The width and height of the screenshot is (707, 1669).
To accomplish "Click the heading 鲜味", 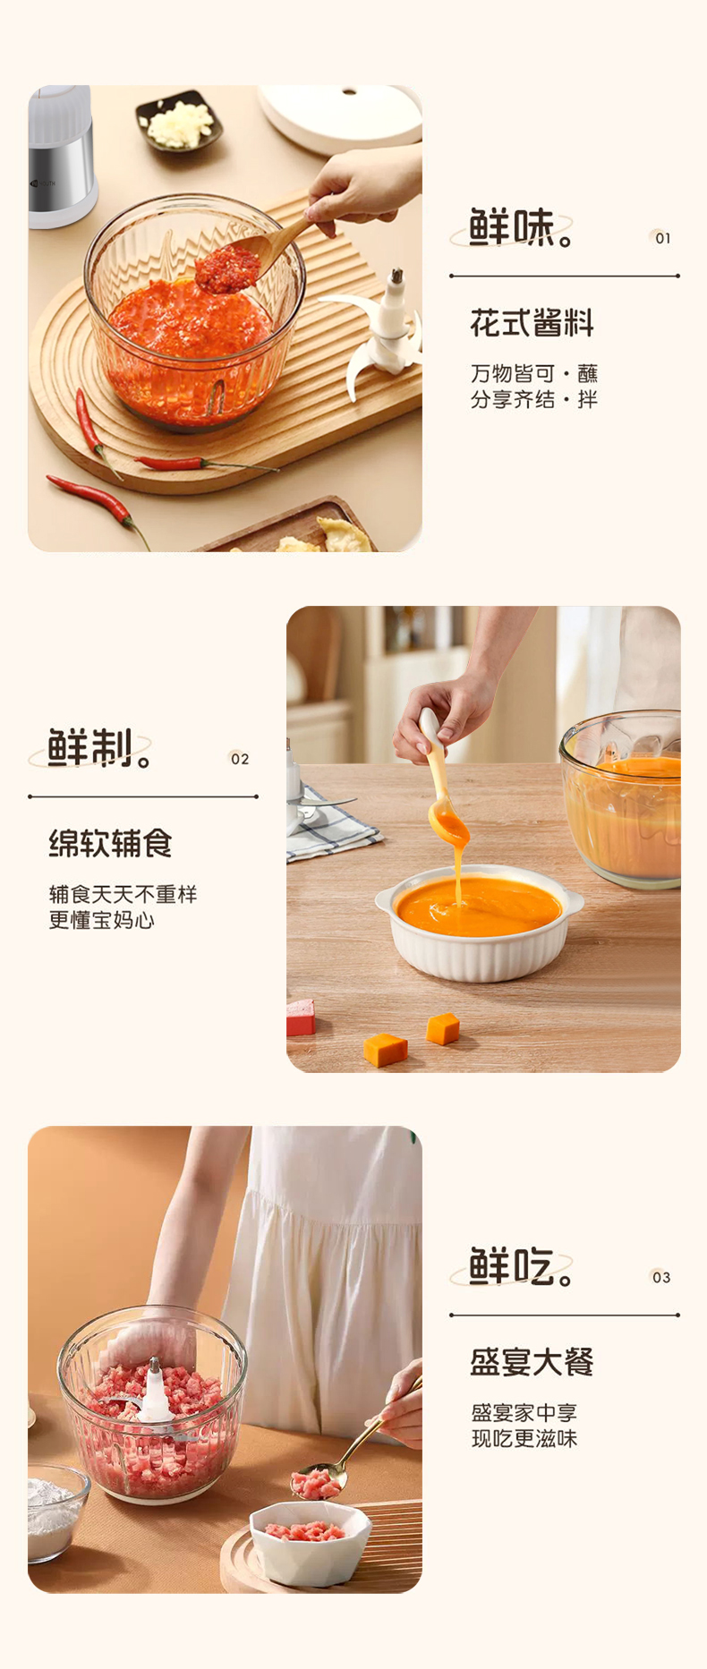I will (x=515, y=228).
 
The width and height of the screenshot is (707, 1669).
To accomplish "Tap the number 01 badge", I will (x=661, y=238).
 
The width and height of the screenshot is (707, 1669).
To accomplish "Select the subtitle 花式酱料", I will (x=532, y=323).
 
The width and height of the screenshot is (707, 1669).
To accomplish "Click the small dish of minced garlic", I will (x=179, y=122).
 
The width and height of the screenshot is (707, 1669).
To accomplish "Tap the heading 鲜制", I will (x=93, y=748).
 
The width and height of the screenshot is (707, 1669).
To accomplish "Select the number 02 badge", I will (x=239, y=759).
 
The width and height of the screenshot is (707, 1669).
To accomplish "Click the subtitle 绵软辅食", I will (x=110, y=843).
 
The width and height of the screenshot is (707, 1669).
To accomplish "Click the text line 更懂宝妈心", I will (x=101, y=920).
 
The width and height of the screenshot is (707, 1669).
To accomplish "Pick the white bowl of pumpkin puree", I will (x=480, y=922).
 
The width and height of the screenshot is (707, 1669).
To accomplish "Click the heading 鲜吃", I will (x=515, y=1267).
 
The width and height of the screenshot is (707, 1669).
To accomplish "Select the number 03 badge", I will (x=660, y=1277).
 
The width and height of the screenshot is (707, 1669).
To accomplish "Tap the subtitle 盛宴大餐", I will (x=532, y=1362).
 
